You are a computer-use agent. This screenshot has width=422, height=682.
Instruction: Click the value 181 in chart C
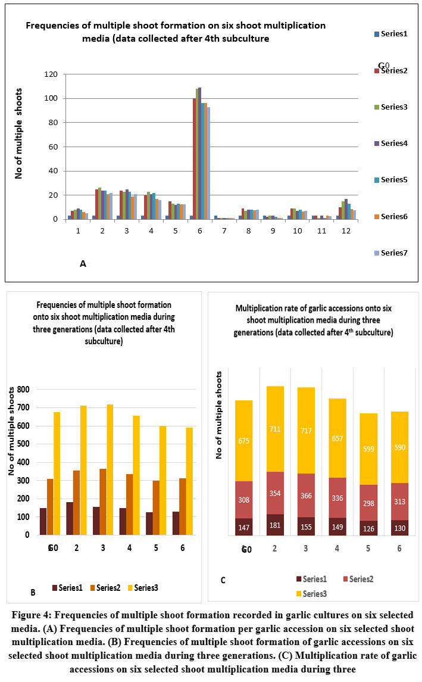coord(275,525)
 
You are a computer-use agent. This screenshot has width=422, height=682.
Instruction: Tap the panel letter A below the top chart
coord(83,263)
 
